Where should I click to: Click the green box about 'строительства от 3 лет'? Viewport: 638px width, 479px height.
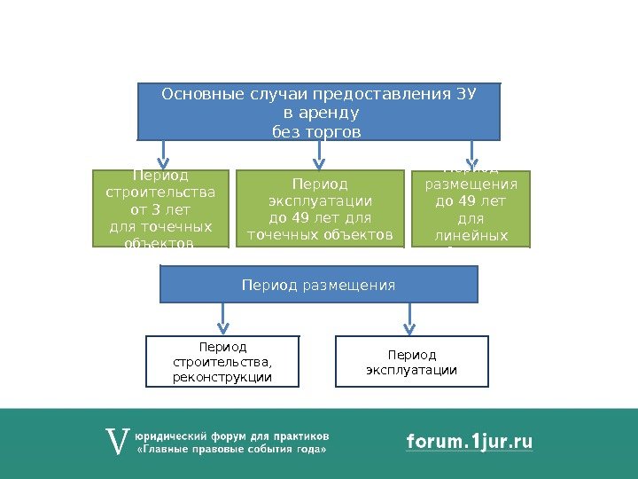pos(160,208)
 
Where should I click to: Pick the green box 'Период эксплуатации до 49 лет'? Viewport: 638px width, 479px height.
pos(319,209)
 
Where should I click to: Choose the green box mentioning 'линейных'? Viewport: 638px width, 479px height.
pos(471,208)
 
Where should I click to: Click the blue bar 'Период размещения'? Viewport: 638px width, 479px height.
pos(318,285)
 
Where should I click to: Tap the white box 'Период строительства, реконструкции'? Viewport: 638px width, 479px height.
pos(222,362)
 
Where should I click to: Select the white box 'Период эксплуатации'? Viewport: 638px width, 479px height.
pos(411,362)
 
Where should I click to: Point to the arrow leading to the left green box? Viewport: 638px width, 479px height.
pos(162,154)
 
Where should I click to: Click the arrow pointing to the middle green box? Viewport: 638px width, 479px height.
pos(319,154)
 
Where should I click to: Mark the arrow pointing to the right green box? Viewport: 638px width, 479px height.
pos(471,154)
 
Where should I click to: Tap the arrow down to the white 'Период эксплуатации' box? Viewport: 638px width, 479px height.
pos(409,318)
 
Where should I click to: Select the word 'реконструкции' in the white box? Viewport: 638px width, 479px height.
pos(222,378)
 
